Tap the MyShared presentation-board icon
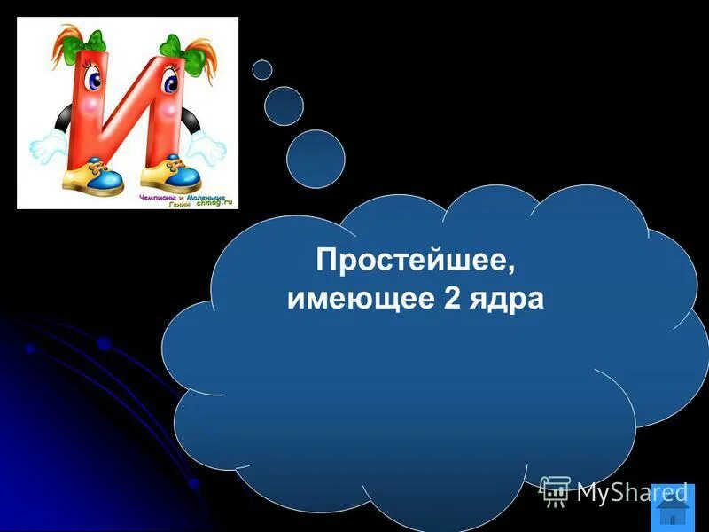tap(555, 490)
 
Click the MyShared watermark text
tap(631, 492)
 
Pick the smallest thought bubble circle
tap(261, 69)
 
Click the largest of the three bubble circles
tap(316, 159)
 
